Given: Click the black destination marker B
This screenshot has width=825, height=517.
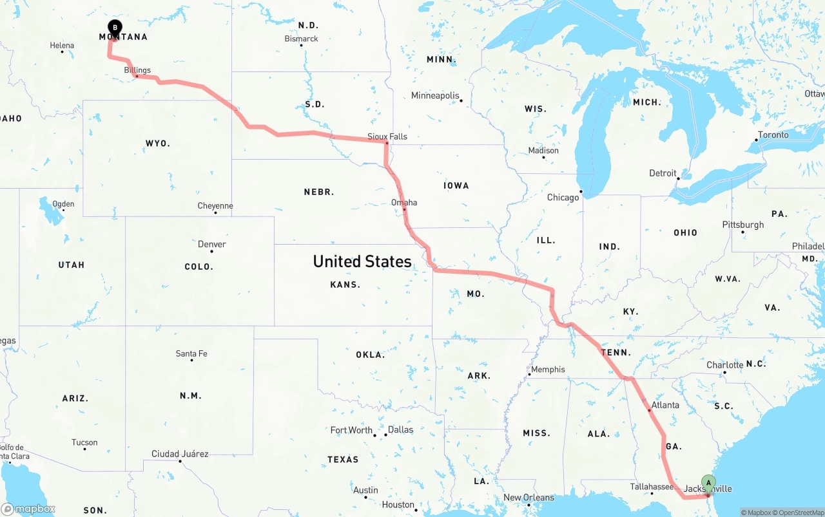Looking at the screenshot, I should (115, 28).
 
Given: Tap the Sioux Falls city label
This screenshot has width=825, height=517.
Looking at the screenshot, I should (387, 136).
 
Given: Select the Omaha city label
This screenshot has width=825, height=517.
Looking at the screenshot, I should (404, 202).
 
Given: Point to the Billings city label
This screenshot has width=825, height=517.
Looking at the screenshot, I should (137, 70).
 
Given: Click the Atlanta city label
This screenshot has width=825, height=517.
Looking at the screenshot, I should (665, 405).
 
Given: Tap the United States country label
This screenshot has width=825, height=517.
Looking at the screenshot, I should (362, 261).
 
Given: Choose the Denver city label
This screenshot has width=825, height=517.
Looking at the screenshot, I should (212, 244).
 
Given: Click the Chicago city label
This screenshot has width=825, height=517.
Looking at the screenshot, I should (563, 197).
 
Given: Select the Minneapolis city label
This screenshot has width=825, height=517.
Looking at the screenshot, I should (436, 96).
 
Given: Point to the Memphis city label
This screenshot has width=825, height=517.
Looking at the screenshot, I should (548, 370).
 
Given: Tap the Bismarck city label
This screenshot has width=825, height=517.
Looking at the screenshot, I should (301, 39).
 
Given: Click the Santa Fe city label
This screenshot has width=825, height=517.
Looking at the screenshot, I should (191, 353).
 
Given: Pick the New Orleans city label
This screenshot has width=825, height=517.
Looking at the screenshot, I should (529, 497).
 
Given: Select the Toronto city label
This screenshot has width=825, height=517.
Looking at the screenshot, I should (773, 135).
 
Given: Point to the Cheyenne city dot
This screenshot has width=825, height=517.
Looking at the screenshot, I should (215, 212).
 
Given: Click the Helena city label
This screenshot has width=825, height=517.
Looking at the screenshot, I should (62, 46).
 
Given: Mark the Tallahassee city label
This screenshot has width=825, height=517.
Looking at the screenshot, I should (652, 487).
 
